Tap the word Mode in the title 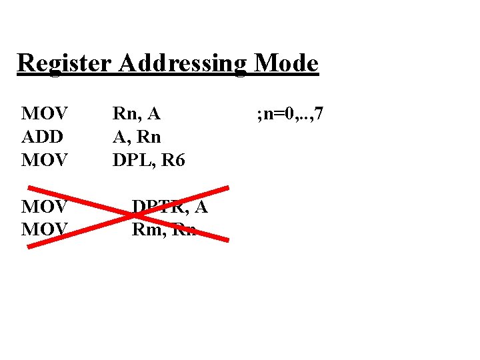click(287, 64)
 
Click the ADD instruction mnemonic click(42, 137)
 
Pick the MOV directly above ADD click(43, 114)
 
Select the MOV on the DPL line click(43, 160)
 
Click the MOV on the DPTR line click(43, 207)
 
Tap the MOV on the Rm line click(43, 229)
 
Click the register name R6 click(172, 160)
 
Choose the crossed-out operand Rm click(146, 229)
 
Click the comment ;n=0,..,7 click(291, 114)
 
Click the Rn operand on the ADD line click(147, 137)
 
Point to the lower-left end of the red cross click(29, 246)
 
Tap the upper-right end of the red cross click(227, 188)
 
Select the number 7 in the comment click(319, 114)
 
